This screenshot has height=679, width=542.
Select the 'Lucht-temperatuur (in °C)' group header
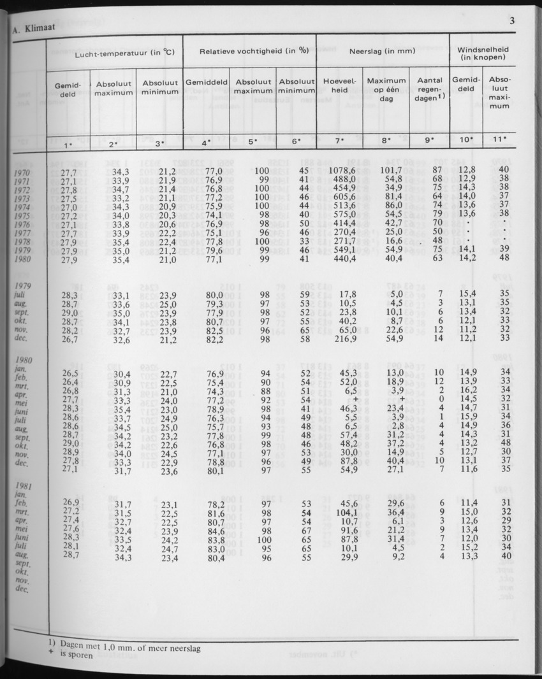click(114, 55)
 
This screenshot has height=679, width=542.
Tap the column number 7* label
click(339, 140)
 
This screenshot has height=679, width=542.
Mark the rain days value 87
click(437, 169)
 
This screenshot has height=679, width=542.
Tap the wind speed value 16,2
click(468, 390)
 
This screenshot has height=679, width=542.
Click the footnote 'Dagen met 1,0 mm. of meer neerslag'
click(94, 648)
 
